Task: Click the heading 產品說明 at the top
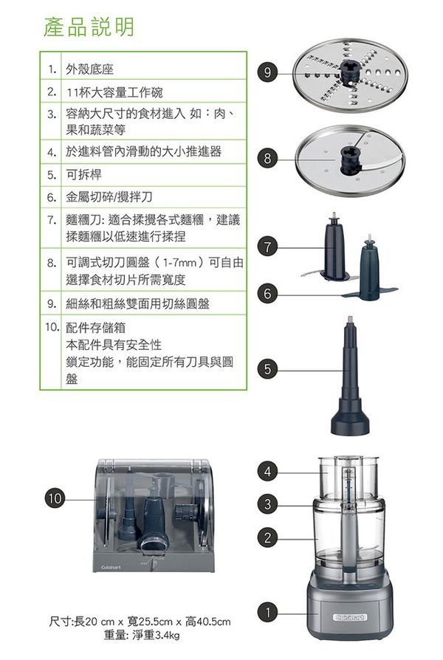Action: tap(89, 27)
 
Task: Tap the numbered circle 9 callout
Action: tap(267, 72)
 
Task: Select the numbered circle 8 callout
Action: tap(267, 157)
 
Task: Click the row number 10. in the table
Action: tap(51, 326)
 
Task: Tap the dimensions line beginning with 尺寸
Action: tap(140, 622)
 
